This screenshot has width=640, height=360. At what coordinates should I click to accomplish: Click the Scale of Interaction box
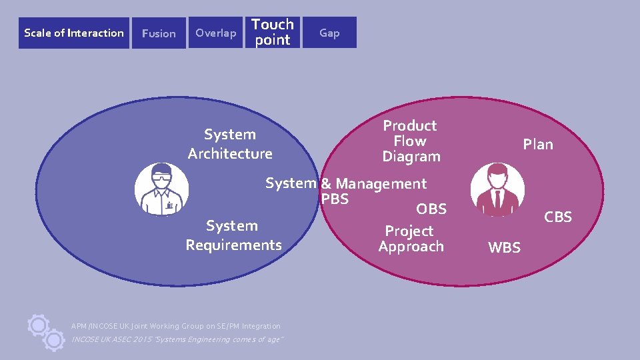74,33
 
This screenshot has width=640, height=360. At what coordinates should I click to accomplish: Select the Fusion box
159,33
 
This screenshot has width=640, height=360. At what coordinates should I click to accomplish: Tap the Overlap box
215,33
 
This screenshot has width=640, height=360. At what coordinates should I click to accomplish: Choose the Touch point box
273,32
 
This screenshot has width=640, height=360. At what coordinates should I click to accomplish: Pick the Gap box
329,33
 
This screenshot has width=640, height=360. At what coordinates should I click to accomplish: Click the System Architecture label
230,144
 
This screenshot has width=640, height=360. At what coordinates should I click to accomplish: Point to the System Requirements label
233,235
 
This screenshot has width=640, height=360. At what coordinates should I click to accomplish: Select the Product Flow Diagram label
411,141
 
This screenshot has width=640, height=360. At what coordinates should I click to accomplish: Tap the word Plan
537,144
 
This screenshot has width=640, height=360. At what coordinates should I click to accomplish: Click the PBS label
335,199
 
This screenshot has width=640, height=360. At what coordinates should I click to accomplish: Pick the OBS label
431,209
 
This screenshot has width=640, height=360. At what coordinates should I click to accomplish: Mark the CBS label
558,217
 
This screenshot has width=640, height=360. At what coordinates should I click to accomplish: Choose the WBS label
504,248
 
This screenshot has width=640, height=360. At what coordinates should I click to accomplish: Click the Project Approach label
411,239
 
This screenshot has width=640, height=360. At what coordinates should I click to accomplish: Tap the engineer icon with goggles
161,190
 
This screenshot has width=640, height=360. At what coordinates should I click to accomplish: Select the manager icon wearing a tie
497,190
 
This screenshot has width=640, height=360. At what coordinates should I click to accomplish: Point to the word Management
381,183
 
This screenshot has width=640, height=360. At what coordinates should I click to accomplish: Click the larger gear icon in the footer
39,325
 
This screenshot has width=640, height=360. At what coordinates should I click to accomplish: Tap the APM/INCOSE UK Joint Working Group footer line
176,326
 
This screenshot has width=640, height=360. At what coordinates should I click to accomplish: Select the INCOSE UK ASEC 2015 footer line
177,339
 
